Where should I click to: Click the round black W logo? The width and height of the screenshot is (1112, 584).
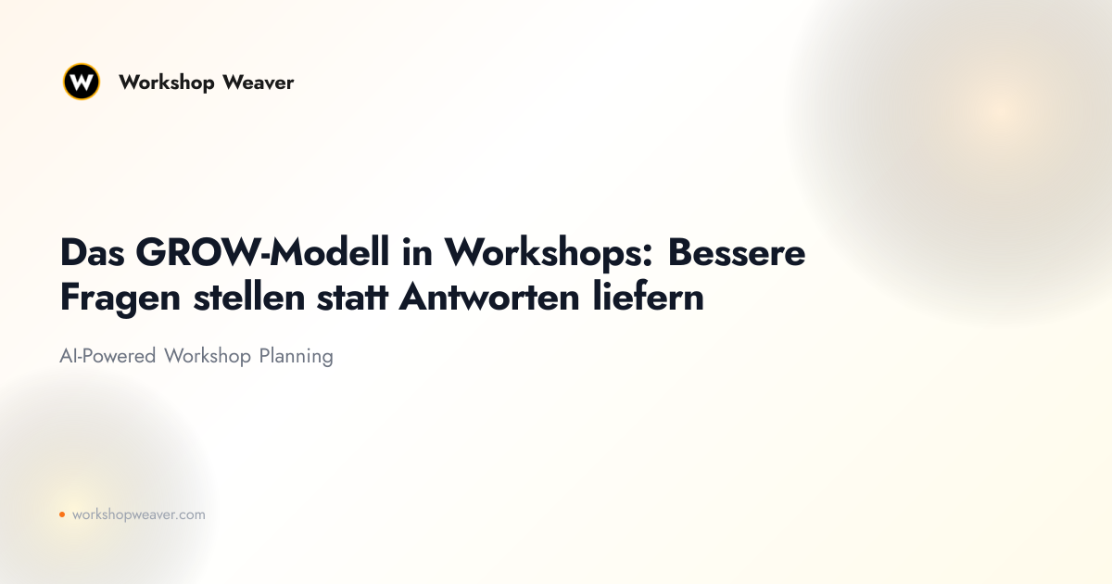82,82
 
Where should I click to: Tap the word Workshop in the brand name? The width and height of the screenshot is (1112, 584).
166,83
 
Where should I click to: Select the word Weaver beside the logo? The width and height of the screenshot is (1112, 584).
259,83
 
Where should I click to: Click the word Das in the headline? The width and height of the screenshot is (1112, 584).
93,253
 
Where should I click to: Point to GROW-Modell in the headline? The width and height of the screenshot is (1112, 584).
262,252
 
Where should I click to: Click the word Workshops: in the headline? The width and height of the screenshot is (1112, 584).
549,253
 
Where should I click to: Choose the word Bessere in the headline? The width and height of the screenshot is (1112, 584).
737,253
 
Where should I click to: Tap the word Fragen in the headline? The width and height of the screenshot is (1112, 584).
120,298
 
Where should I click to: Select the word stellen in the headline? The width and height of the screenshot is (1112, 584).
249,297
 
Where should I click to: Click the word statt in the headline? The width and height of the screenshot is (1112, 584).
352,298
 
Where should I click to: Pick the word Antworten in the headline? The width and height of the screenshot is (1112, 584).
489,298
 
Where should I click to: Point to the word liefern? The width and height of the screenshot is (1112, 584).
649,297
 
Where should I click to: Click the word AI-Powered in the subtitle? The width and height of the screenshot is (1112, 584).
107,356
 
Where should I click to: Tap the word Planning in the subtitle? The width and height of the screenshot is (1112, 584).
296,357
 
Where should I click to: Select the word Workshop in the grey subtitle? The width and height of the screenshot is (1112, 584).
208,357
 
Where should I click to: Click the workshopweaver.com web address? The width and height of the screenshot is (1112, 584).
138,514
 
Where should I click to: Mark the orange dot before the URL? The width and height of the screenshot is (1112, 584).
62,514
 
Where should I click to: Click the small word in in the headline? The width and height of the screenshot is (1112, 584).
417,252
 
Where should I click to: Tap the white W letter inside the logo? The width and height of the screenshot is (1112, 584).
82,81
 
